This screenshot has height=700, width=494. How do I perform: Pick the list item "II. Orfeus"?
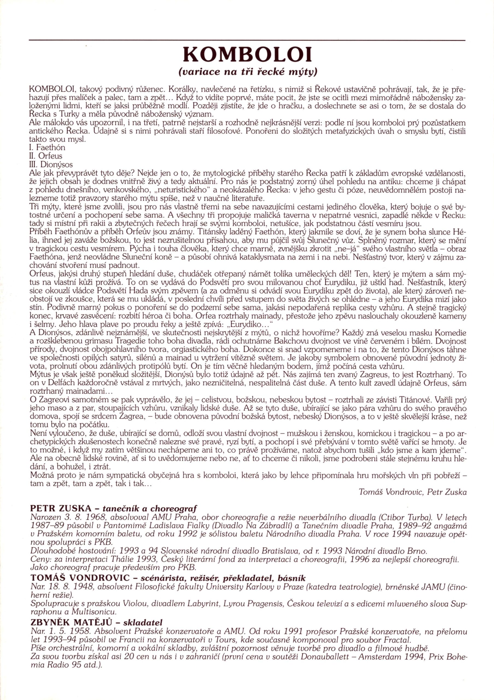[x=45, y=156]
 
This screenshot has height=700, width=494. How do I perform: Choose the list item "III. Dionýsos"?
[x=50, y=165]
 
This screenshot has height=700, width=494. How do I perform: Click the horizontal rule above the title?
[x=247, y=40]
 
